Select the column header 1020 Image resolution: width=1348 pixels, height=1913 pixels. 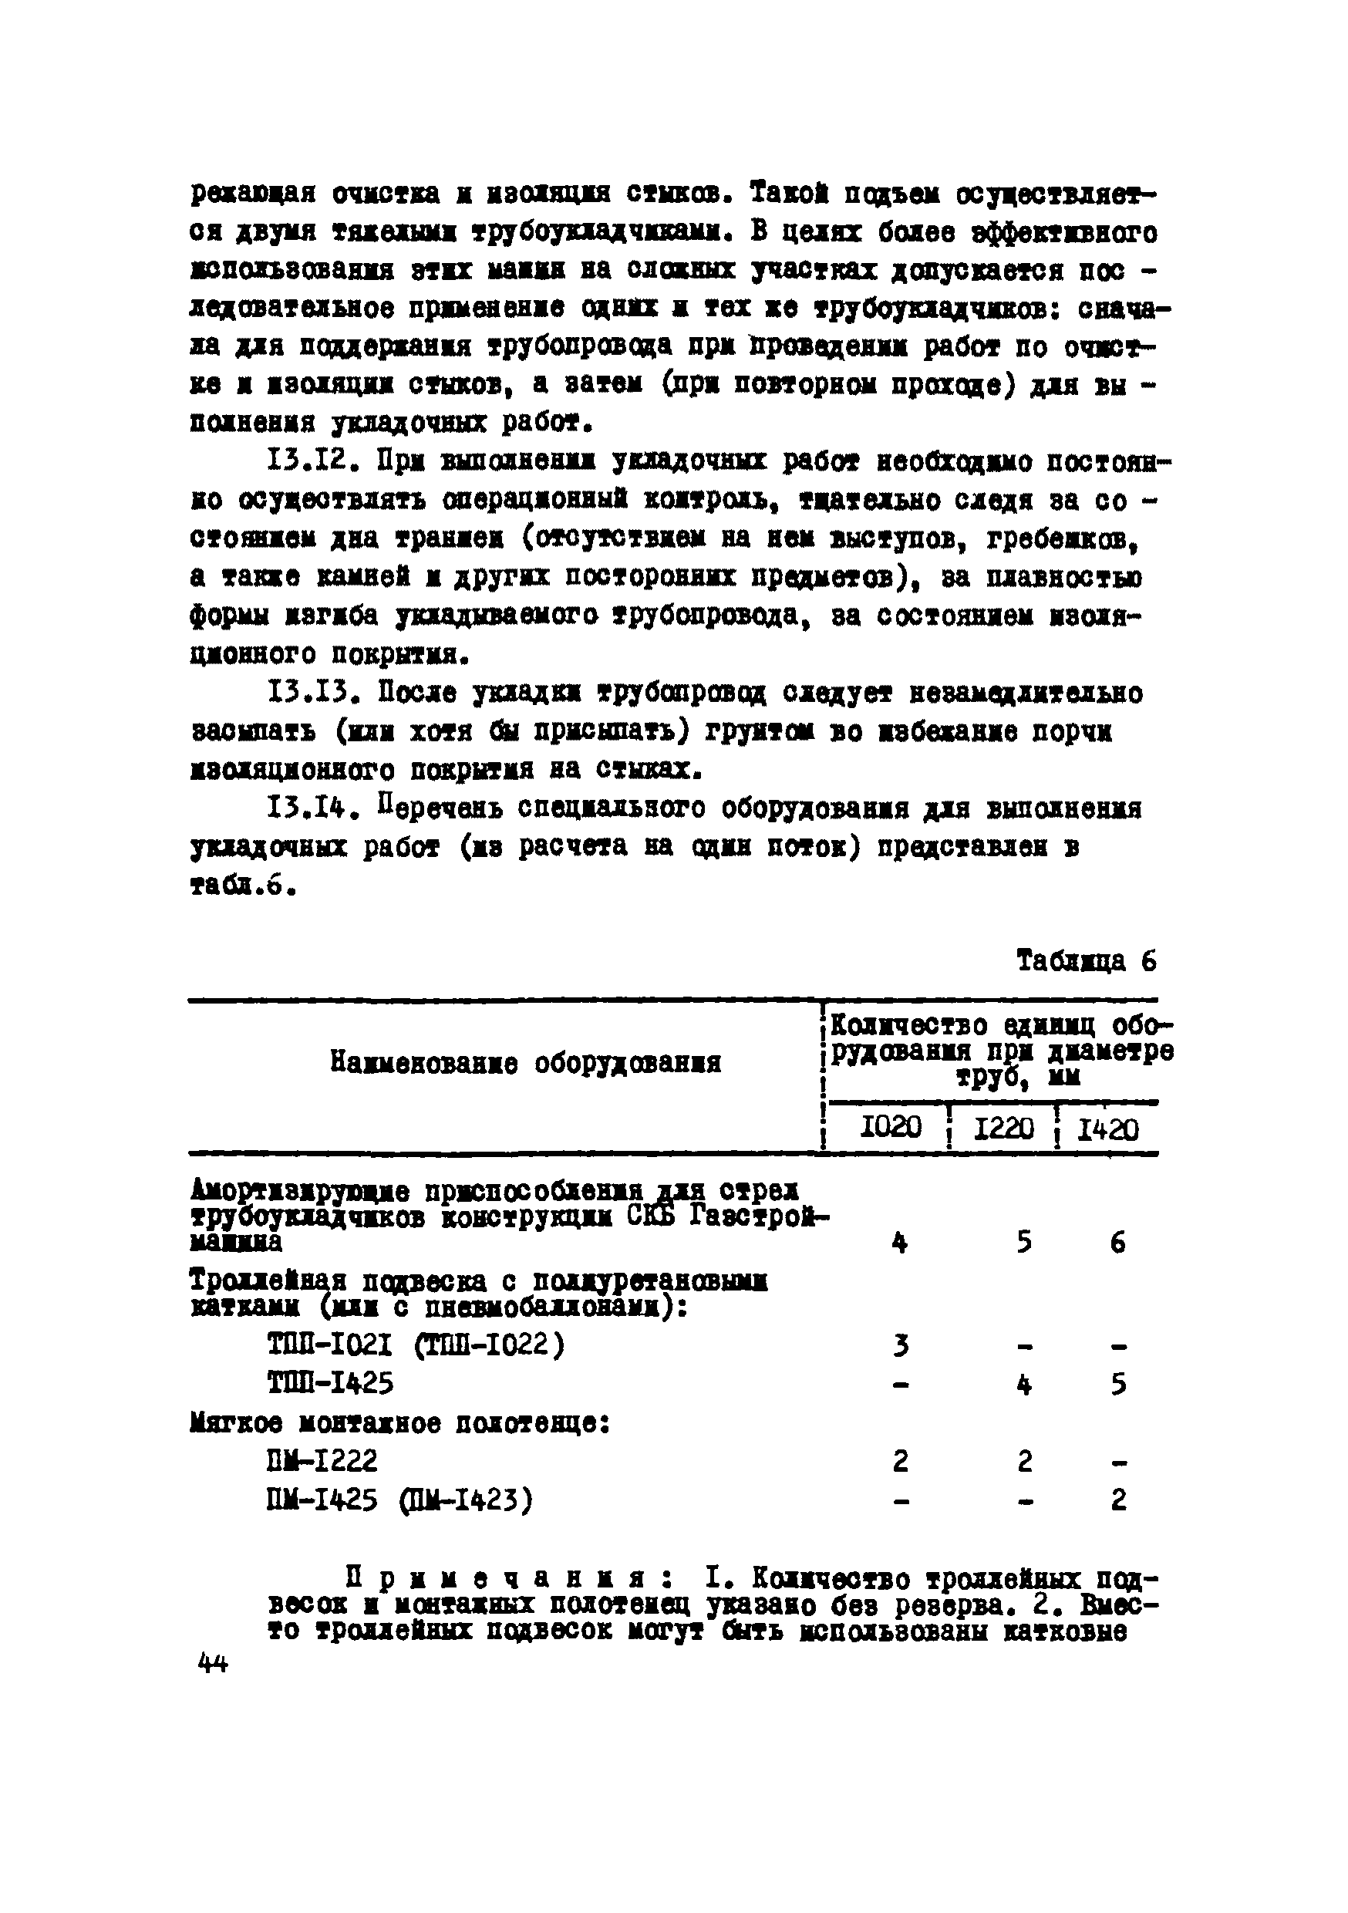pyautogui.click(x=890, y=1129)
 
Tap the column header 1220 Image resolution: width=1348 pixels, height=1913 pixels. pyautogui.click(x=1003, y=1129)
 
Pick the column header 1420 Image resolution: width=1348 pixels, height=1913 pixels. pyautogui.click(x=1108, y=1129)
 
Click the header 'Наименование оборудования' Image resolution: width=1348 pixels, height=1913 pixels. pyautogui.click(x=525, y=1062)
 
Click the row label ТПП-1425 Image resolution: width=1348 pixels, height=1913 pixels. pyautogui.click(x=330, y=1384)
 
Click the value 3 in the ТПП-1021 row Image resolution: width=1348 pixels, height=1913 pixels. pyautogui.click(x=900, y=1345)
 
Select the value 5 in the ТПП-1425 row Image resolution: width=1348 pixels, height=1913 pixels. pyautogui.click(x=1118, y=1385)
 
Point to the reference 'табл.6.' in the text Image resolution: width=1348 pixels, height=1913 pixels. pyautogui.click(x=241, y=886)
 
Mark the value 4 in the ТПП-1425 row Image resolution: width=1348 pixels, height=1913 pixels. pyautogui.click(x=1024, y=1385)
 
